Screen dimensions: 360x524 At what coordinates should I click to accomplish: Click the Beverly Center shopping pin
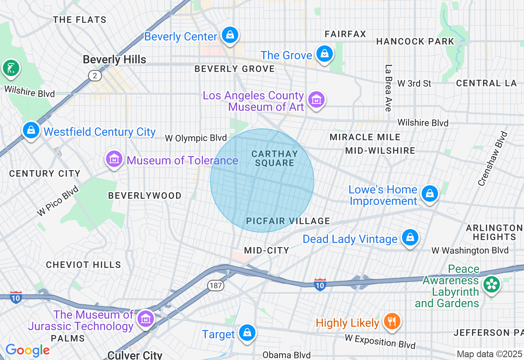point(230,35)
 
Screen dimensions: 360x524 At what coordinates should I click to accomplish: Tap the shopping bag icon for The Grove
point(324,54)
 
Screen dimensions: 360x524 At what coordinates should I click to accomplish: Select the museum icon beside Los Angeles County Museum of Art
point(316,100)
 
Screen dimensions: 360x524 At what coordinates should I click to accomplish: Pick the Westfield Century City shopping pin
point(31,130)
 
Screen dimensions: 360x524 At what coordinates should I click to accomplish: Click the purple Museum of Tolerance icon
point(114,159)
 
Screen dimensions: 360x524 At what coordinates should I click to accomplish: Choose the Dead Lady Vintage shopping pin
point(410,238)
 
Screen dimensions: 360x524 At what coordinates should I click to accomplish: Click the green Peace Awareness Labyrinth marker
point(491,285)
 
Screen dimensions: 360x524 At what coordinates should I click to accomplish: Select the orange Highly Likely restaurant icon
point(392,322)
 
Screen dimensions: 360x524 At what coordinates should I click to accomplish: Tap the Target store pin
point(247,333)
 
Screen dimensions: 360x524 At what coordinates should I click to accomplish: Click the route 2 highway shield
point(95,75)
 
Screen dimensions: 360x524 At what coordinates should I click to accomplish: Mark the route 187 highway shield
point(215,286)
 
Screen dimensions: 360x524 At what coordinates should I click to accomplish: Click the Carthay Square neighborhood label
point(274,158)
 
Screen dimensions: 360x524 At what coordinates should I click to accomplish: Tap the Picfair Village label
point(288,221)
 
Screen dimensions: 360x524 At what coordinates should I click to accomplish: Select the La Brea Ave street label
point(388,88)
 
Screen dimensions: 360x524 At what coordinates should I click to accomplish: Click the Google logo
point(27,350)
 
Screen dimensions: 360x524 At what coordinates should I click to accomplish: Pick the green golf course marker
point(11,68)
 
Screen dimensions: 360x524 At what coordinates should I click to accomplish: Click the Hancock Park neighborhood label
point(415,41)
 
